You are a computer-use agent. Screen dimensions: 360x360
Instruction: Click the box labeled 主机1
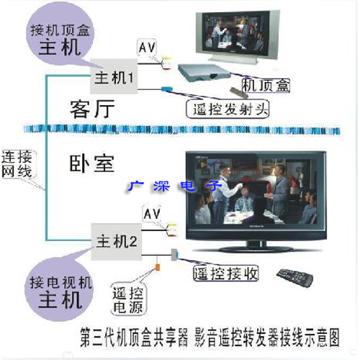(x=114, y=76)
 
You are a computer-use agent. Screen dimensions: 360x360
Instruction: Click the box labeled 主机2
(x=117, y=241)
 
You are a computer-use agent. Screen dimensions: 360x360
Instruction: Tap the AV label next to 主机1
(x=147, y=48)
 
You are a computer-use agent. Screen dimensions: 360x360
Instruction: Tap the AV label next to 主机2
(x=152, y=214)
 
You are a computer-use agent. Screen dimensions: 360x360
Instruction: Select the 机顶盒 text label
(x=266, y=86)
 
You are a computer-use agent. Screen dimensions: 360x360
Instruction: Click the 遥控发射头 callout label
(x=228, y=109)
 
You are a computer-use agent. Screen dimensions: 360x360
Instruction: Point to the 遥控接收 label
(x=225, y=274)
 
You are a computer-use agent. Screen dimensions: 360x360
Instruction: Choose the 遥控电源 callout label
(x=128, y=300)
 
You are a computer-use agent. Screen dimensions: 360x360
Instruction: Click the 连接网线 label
(x=17, y=164)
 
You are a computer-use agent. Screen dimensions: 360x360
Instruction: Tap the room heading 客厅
(x=92, y=109)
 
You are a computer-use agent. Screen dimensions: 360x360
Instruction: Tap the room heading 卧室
(x=91, y=163)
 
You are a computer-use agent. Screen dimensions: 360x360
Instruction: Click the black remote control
(x=295, y=278)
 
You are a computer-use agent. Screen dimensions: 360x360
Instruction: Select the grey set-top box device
(x=204, y=73)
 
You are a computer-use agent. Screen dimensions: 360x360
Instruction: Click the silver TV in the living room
(x=238, y=37)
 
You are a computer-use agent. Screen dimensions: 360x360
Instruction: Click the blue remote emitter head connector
(x=167, y=89)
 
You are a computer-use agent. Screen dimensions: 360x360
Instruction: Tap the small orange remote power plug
(x=158, y=267)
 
